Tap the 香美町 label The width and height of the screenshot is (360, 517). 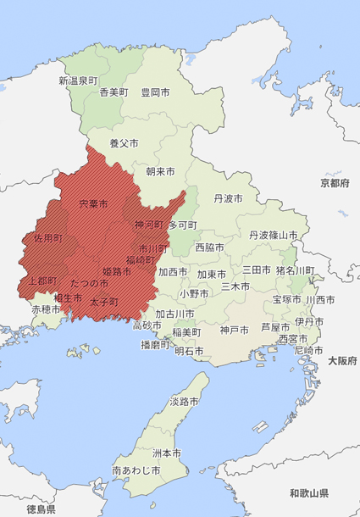[114, 92]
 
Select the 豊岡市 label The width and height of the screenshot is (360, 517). [155, 92]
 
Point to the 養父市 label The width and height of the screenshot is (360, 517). [124, 144]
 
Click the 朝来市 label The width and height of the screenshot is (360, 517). [160, 171]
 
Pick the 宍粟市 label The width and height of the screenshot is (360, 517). [93, 204]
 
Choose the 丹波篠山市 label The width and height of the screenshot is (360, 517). [273, 235]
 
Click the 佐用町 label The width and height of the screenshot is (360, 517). [47, 239]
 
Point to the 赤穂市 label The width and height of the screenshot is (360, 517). [47, 310]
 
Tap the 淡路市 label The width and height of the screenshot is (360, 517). [184, 401]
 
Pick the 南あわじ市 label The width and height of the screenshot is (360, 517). [136, 470]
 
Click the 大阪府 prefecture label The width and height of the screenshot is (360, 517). [342, 361]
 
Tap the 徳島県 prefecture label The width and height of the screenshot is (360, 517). [41, 509]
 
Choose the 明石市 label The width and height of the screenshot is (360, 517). [189, 351]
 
